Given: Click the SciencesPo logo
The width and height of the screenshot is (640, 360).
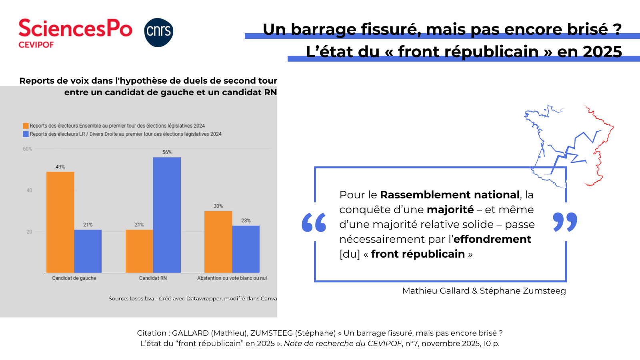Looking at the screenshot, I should (75, 33).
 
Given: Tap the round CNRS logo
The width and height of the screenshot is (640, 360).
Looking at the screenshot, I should (159, 32).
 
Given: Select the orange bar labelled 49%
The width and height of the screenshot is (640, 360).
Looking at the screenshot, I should (60, 222).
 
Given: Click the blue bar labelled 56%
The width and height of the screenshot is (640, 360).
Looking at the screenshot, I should (167, 215).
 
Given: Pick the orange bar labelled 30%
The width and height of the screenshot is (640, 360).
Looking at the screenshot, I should (218, 242).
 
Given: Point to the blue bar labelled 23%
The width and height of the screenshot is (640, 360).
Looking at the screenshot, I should (246, 249).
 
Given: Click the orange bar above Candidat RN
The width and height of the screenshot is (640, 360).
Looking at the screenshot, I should (139, 251).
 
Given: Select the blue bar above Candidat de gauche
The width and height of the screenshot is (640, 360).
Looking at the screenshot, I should (88, 251).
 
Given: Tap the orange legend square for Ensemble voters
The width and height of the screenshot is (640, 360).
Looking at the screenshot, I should (26, 126).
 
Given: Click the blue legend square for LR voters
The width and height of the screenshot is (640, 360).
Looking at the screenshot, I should (26, 134).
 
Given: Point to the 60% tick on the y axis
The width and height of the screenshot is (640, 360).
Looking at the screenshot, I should (28, 149).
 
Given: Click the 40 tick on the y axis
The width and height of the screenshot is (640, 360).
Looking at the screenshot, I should (29, 190).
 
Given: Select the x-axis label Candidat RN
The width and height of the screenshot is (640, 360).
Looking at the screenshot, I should (153, 278).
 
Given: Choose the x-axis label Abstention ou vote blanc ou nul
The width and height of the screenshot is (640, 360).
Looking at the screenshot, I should (232, 278).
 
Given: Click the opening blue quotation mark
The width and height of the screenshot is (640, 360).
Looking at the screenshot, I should (314, 222).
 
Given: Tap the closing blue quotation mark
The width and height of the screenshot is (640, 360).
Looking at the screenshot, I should (565, 222).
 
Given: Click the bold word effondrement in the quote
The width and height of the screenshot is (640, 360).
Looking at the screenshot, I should (492, 239).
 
